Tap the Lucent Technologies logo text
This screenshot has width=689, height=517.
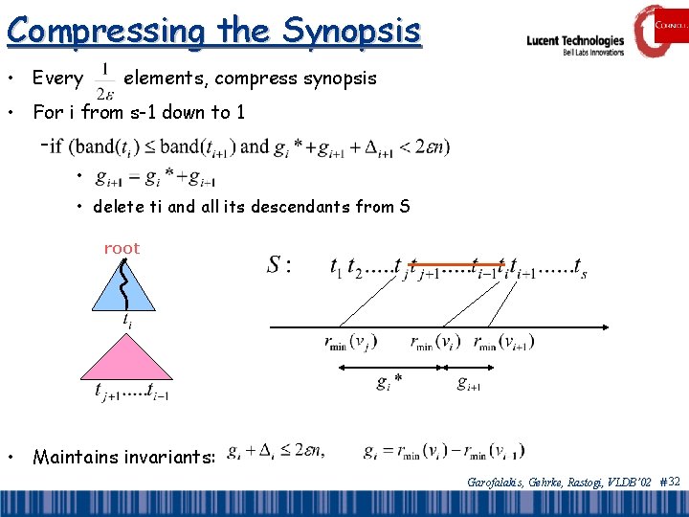pos(575,41)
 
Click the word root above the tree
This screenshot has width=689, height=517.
pos(122,248)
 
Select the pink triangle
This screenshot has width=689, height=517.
pos(131,355)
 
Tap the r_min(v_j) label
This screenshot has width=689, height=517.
pos(350,342)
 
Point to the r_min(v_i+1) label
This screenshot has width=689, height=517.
pos(503,342)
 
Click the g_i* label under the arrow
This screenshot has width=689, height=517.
pos(389,383)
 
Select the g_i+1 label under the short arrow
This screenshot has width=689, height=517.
pos(469,383)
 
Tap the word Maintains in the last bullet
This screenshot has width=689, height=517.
pos(78,458)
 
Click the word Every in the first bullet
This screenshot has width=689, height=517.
pos(57,78)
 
